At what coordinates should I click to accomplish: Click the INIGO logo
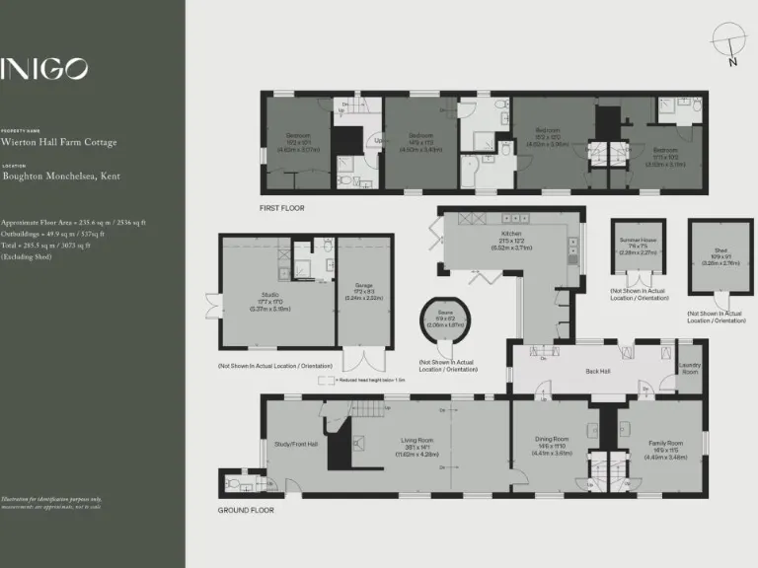coord(45,68)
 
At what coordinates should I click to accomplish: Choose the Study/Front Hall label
coord(297,444)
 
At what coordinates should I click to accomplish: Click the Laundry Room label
coord(690,368)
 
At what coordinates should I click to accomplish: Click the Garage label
coord(364,292)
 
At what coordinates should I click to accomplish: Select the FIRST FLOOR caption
coord(282,208)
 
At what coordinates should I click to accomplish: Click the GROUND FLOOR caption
coord(246,510)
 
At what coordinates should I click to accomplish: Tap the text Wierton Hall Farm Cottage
coord(59,142)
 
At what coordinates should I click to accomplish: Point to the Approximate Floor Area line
coord(74,223)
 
